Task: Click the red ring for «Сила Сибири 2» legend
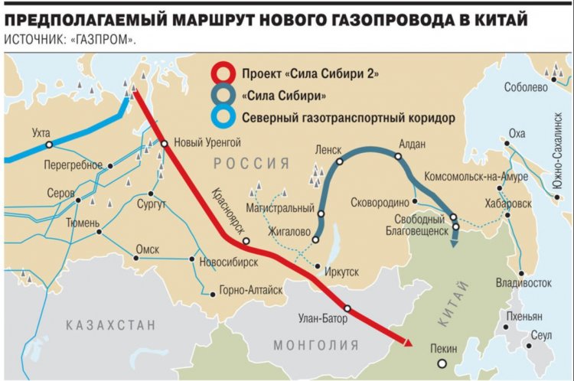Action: [223, 74]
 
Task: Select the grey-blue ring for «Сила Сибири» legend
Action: [223, 96]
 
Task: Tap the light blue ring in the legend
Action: [223, 119]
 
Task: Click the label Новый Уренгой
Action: [208, 142]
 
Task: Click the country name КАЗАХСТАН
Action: [111, 325]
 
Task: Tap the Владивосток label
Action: [524, 283]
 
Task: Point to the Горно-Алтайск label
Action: [250, 291]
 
